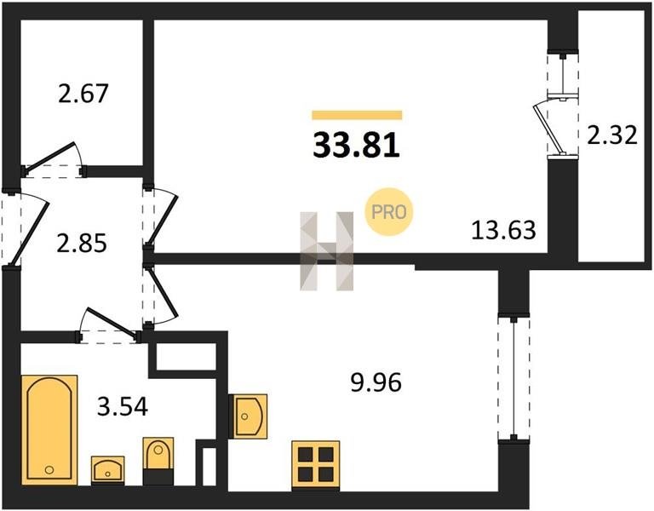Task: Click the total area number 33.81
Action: [357, 145]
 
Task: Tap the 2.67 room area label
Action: [83, 93]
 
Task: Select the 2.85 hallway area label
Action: [82, 244]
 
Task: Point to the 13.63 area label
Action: [503, 230]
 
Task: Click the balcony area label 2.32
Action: [612, 135]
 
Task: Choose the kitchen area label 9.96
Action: [376, 382]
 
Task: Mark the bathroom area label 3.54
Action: [123, 407]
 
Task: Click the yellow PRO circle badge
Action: [388, 213]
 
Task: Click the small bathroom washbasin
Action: [107, 470]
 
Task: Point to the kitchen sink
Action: [249, 416]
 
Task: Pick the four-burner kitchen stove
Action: [315, 465]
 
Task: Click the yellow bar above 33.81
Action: [357, 115]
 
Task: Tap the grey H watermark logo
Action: [327, 251]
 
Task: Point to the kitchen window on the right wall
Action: [513, 378]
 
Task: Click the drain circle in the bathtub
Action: [49, 470]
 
